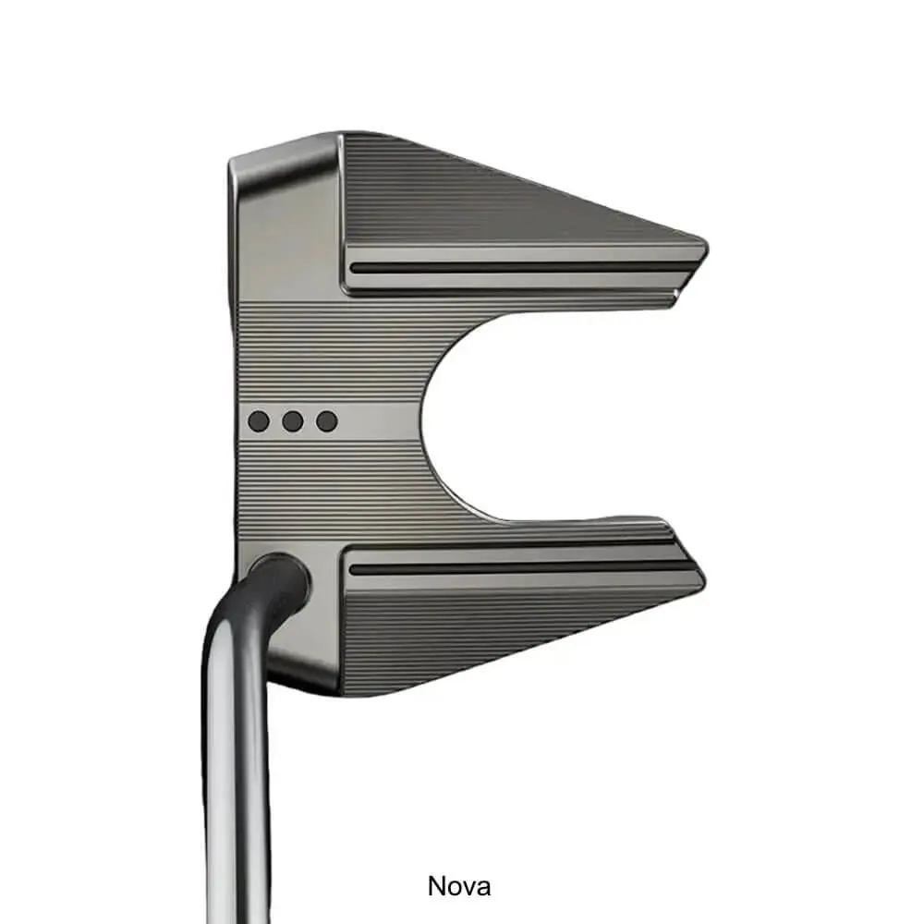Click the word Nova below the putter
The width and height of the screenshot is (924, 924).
point(459,886)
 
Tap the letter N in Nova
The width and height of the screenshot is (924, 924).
point(436,886)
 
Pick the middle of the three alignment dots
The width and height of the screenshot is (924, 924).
point(293,421)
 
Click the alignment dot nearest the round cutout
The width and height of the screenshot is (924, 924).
point(327,421)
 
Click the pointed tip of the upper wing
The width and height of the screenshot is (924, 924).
point(707,249)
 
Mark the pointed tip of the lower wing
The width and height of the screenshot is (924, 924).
point(703,577)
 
